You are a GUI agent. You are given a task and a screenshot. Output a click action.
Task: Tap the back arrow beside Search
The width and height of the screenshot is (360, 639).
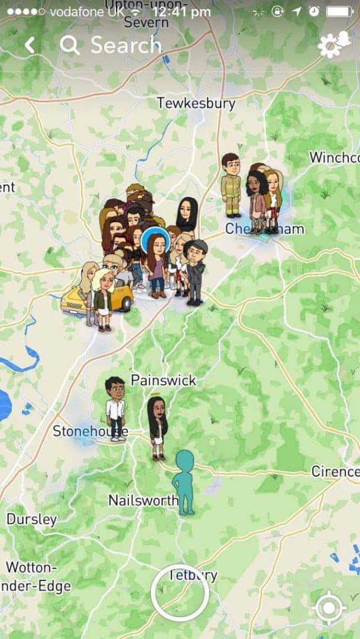[x=30, y=46]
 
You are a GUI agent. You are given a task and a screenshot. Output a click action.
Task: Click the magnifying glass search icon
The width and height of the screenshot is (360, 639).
[x=70, y=46]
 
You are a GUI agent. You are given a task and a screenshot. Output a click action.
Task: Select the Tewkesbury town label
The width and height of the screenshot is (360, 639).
[x=196, y=103]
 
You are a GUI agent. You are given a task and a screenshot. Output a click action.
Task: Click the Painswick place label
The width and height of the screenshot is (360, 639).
[x=163, y=380]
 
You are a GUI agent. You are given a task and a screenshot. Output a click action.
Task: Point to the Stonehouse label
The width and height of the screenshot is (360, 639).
[x=90, y=432]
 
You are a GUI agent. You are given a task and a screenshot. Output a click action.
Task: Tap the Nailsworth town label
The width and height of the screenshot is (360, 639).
[x=143, y=501]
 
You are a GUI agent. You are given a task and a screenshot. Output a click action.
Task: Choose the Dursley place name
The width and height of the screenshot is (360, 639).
[x=32, y=520]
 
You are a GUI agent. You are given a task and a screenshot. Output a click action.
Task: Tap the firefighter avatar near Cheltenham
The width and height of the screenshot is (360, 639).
[x=231, y=184]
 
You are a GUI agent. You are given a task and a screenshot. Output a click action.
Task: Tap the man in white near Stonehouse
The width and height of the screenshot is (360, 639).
[x=115, y=408]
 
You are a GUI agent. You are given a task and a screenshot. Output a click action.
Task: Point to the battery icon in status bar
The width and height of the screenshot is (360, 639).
[x=340, y=11]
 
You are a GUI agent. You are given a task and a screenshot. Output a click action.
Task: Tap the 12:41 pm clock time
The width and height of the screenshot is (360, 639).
[x=181, y=11]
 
